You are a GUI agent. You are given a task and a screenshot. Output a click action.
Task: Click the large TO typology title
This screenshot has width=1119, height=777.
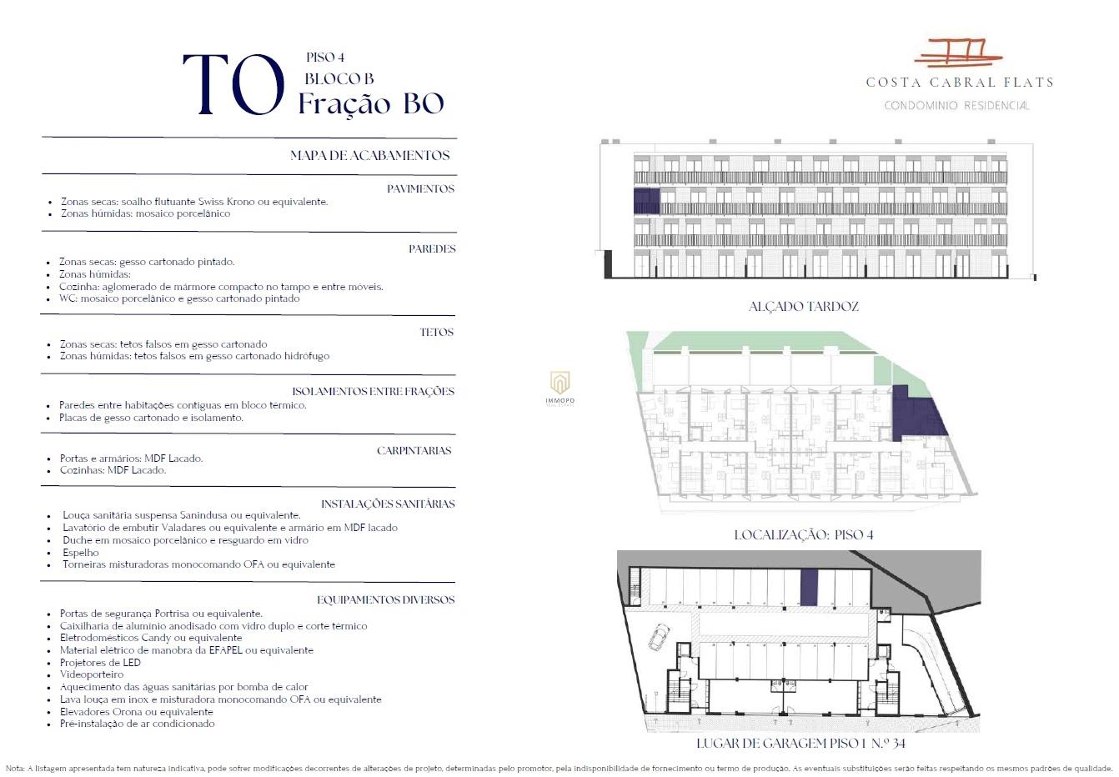coord(233,84)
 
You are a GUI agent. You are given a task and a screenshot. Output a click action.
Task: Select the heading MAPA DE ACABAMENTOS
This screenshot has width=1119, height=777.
coord(369,155)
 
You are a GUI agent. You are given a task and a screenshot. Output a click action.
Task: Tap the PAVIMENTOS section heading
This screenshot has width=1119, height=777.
coord(420,188)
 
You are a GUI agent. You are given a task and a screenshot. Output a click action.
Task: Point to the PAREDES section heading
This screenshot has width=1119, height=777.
coord(432,248)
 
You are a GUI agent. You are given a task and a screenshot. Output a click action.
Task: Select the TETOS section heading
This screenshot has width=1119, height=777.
coord(436,332)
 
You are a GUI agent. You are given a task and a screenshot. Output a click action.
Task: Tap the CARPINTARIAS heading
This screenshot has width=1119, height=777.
coord(414,450)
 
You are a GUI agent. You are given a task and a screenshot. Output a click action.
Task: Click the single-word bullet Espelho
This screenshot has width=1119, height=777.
coord(80,552)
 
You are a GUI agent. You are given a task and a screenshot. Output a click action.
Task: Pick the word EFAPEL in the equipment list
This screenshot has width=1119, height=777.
coord(225,650)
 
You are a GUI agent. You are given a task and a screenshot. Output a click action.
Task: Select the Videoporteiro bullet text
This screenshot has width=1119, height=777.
coord(92,674)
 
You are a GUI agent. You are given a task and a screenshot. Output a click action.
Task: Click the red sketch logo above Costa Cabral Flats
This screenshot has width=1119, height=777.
coord(958,53)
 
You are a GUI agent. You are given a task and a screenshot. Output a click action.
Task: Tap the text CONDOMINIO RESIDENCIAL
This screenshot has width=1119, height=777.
coord(956,105)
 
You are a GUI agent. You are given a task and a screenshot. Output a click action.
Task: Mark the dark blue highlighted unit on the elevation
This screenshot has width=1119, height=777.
coord(646,201)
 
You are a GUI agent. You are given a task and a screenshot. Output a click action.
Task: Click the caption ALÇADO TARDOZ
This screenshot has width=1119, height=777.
coord(803,306)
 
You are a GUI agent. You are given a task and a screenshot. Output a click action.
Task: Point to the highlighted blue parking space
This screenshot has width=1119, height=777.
coord(810,587)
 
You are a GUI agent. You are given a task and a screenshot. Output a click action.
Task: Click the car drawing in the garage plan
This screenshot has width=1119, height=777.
coord(659,637)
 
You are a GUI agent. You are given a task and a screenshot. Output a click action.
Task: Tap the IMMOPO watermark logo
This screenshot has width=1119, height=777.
coord(560,388)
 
